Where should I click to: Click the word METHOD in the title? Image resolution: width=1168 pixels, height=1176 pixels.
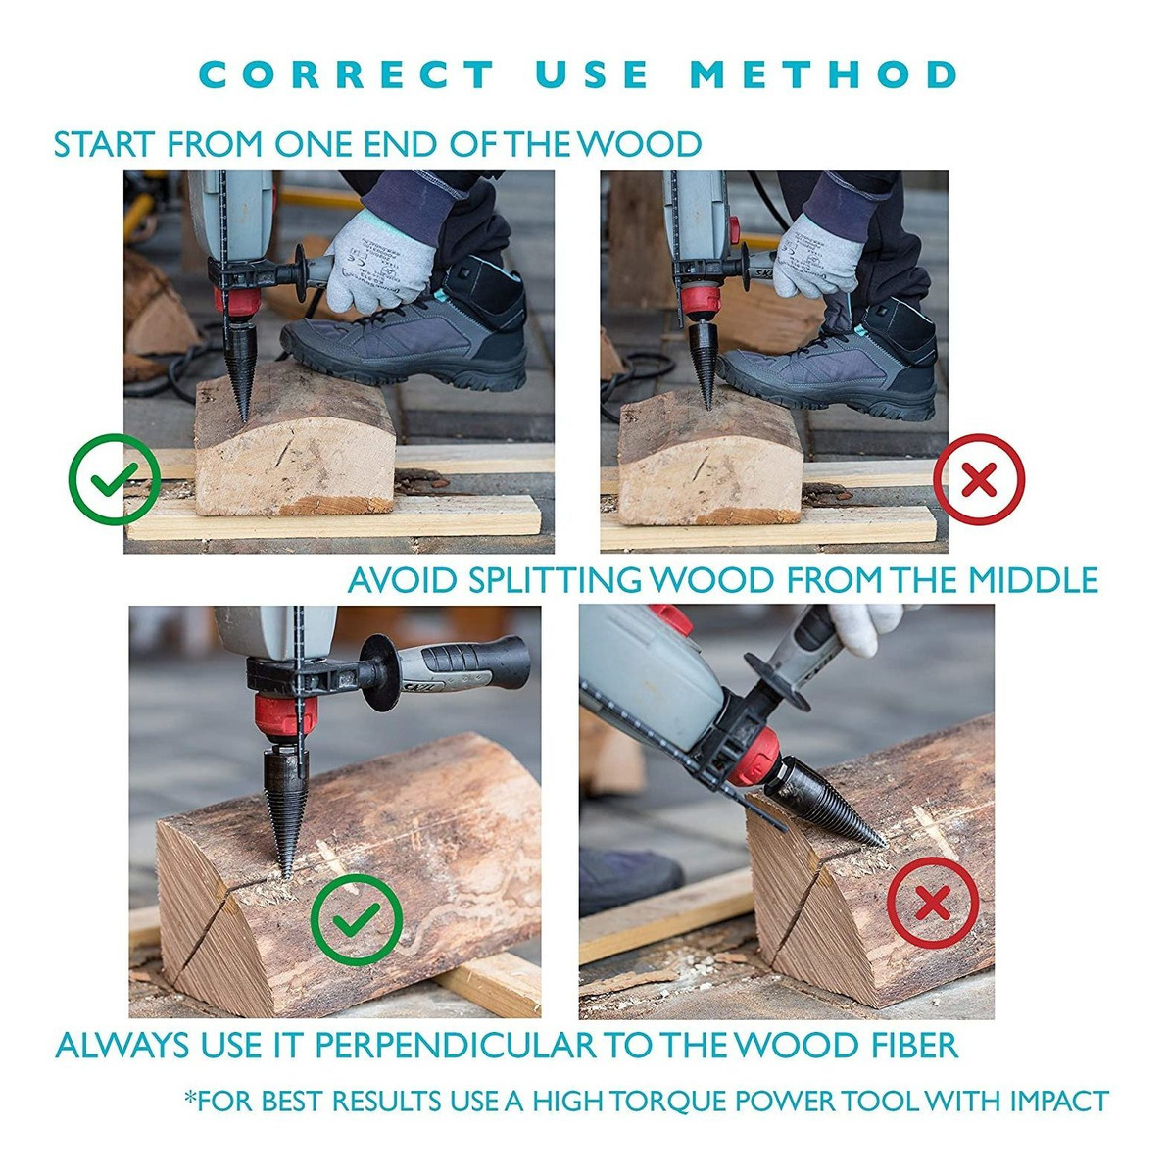tap(823, 74)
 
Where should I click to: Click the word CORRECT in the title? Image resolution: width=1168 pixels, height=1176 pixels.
tap(347, 74)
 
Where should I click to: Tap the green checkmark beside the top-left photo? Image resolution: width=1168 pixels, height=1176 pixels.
tap(114, 478)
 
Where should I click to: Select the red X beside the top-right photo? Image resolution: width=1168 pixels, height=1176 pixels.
tap(978, 478)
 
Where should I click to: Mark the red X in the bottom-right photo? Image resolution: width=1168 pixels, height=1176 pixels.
tap(933, 902)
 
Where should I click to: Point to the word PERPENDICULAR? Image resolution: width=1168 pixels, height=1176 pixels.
tap(456, 1046)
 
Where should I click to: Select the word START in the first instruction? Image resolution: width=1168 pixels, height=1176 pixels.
tap(104, 145)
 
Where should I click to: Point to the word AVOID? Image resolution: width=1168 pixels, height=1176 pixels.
tap(401, 580)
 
